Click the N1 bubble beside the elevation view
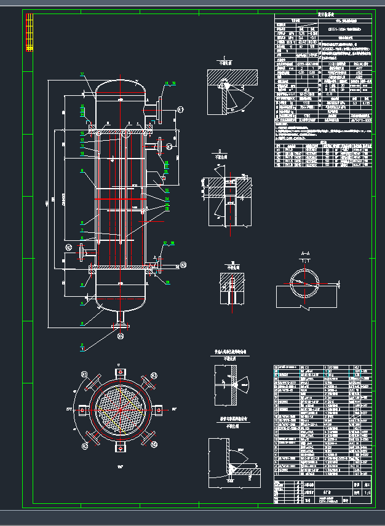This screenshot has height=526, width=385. click(180, 109)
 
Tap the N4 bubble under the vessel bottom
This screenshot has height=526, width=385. click(121, 336)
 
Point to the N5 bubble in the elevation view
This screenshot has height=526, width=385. click(183, 265)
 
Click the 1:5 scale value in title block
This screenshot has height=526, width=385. click(367, 492)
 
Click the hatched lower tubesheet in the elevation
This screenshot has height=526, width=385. click(121, 269)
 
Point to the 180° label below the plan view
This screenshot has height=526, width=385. click(120, 467)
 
